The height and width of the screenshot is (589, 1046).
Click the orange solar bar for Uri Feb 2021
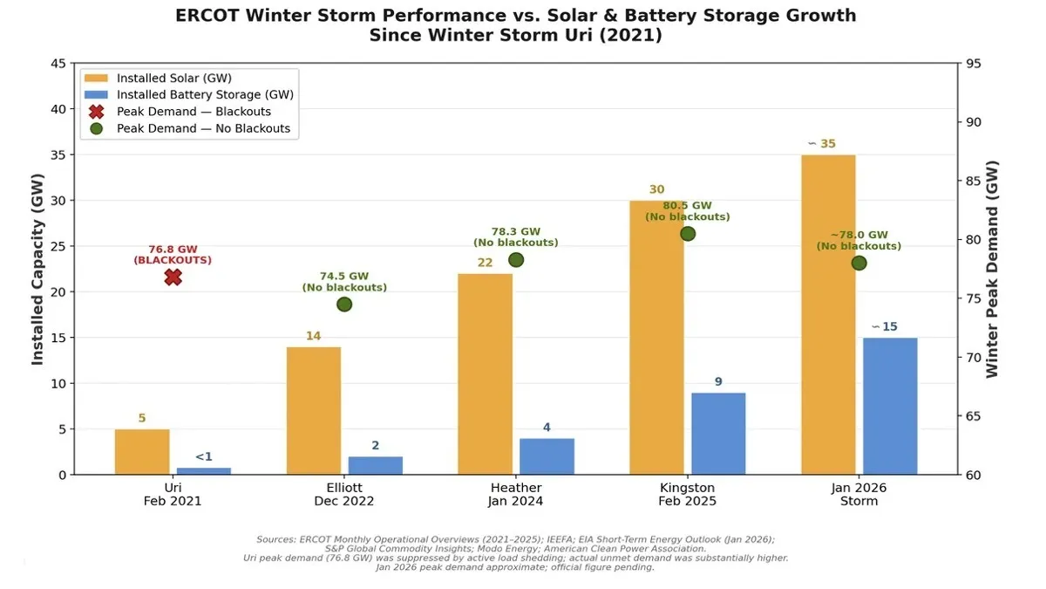point(142,452)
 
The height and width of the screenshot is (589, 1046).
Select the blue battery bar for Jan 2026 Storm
point(890,406)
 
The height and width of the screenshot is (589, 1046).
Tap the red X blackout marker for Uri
point(173,277)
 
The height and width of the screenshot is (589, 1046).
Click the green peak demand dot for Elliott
point(344,305)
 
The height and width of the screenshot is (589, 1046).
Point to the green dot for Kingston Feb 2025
point(688,234)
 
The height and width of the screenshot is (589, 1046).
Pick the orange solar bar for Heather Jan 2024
point(485,373)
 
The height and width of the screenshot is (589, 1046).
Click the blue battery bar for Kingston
point(718,434)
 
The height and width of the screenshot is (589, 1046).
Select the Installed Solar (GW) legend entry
point(173,78)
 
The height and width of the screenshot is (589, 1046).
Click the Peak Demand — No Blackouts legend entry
point(191,128)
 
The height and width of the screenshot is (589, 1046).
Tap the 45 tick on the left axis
point(58,64)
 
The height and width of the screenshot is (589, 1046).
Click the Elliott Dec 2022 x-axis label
point(344,494)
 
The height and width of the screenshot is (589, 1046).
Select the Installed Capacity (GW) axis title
point(37,269)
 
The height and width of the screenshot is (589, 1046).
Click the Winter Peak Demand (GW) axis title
point(993,269)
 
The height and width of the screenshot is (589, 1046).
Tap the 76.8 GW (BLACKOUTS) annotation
point(173,254)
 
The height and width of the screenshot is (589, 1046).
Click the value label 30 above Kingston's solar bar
point(656,189)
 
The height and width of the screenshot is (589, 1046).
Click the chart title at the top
point(515,25)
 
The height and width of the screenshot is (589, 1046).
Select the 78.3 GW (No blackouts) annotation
point(515,236)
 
